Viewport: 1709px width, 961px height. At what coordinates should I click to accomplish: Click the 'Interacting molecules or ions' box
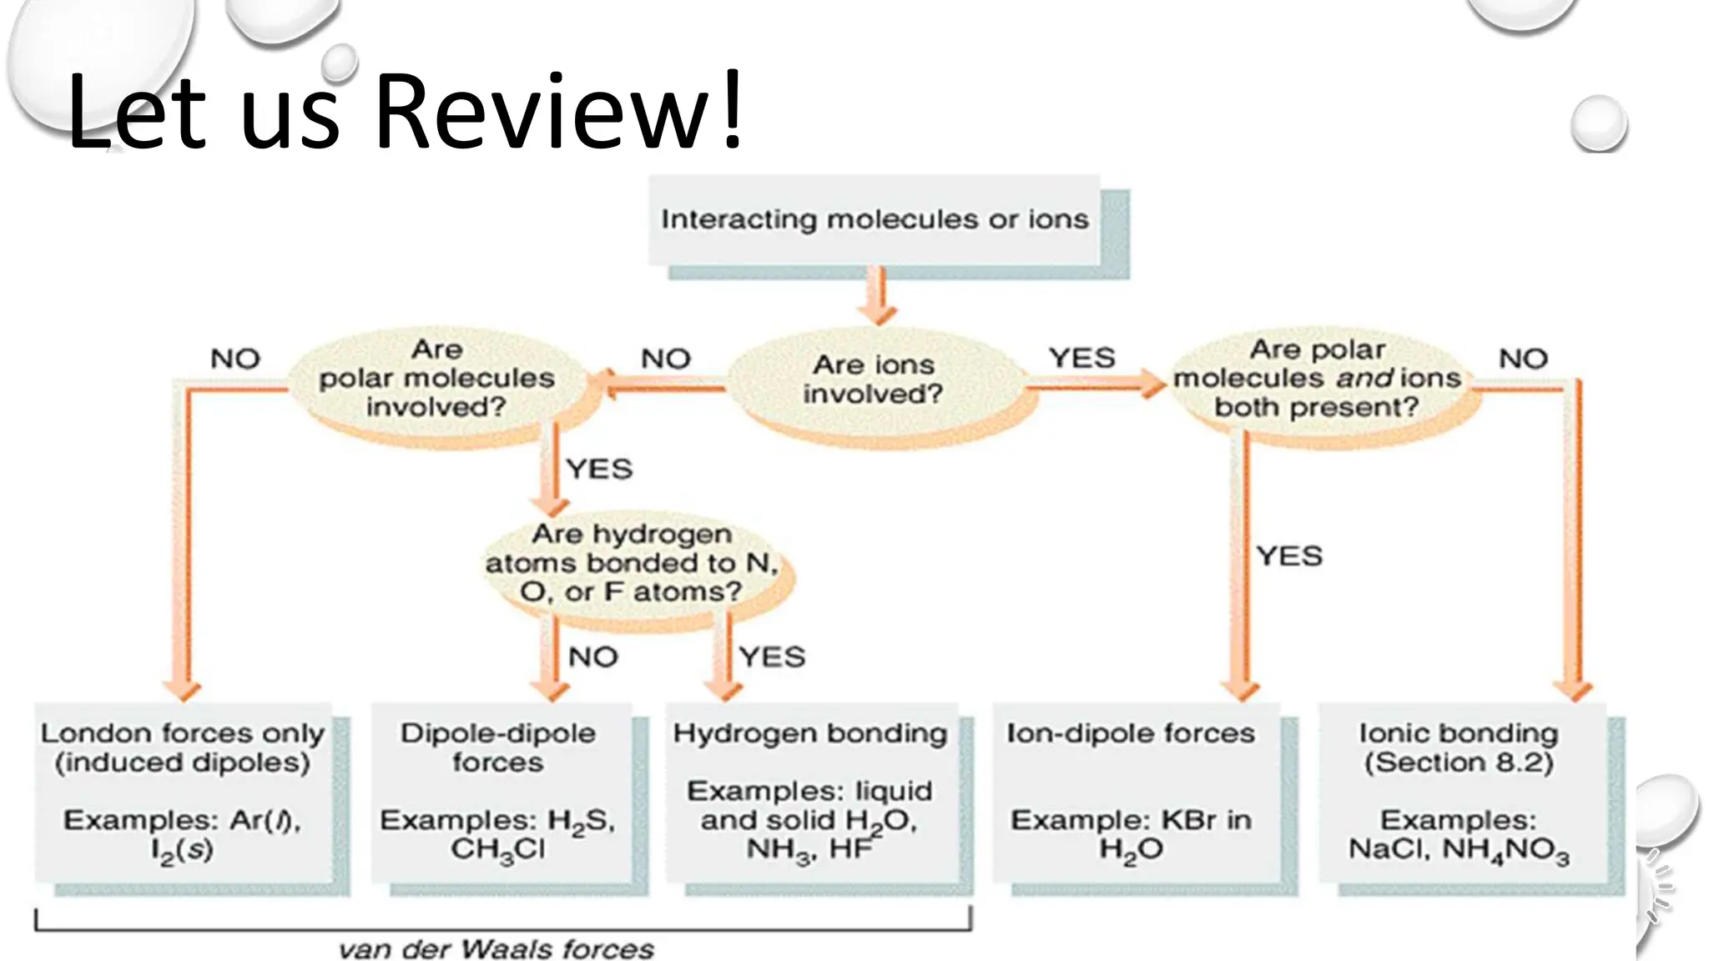pyautogui.click(x=875, y=220)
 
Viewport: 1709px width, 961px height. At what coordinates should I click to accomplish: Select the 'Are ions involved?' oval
pyautogui.click(x=874, y=380)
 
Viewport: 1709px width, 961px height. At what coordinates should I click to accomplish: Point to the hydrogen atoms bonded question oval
pyautogui.click(x=632, y=563)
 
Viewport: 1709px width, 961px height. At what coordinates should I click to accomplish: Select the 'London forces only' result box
pyautogui.click(x=183, y=792)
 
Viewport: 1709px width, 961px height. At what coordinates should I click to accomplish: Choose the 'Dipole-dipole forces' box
pyautogui.click(x=498, y=792)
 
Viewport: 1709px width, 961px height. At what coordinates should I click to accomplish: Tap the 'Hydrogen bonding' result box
pyautogui.click(x=810, y=792)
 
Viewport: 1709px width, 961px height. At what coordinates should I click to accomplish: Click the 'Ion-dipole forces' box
pyautogui.click(x=1132, y=792)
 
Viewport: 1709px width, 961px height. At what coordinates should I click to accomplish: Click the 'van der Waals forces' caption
pyautogui.click(x=497, y=949)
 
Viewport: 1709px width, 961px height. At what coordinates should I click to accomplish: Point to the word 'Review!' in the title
pyautogui.click(x=557, y=111)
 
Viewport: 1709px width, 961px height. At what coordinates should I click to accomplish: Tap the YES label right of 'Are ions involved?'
pyautogui.click(x=1081, y=358)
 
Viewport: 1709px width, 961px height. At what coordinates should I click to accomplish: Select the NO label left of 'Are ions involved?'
pyautogui.click(x=665, y=359)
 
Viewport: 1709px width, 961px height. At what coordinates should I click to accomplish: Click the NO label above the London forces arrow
pyautogui.click(x=235, y=359)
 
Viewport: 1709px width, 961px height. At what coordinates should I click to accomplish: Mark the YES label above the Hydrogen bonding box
pyautogui.click(x=772, y=657)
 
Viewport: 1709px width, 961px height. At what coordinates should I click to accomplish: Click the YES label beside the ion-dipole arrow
pyautogui.click(x=1289, y=556)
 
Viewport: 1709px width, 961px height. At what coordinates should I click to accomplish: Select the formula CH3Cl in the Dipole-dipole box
pyautogui.click(x=498, y=850)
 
